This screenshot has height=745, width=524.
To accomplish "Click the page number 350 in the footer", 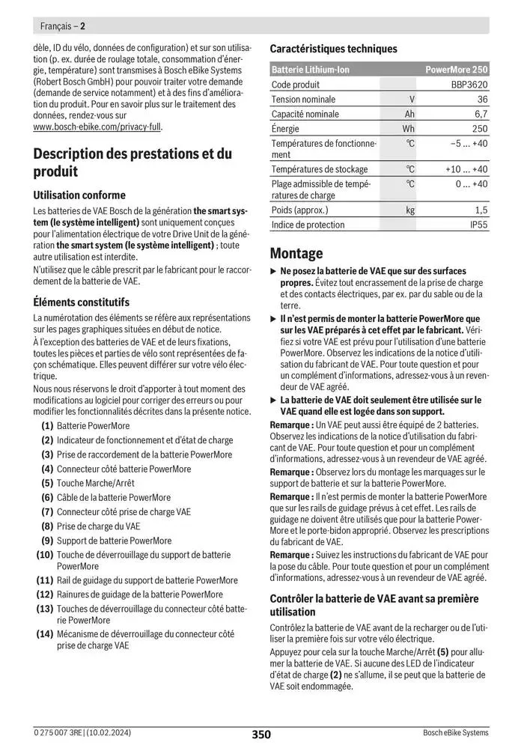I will tap(261, 734).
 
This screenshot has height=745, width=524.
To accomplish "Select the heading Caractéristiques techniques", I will tap(333, 49).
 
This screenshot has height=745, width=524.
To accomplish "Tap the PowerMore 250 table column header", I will tap(456, 70).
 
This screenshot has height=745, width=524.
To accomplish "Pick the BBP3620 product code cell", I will tap(469, 85).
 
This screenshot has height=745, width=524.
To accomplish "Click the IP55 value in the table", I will tap(478, 225).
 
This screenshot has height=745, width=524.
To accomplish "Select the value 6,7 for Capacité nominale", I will tap(481, 114).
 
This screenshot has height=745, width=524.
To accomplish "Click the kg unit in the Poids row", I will tap(410, 210).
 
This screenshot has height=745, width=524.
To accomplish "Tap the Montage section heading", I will tap(296, 253).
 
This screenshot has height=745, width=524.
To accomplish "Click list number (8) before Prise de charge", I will tap(46, 526).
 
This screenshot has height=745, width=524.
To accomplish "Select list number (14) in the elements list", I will tap(44, 633).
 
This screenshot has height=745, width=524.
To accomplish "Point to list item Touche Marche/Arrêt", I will tap(95, 483).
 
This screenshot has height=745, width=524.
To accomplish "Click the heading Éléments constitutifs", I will tap(82, 302).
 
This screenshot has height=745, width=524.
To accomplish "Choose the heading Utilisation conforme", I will tap(79, 195).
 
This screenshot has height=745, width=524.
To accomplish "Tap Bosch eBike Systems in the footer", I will tap(455, 734).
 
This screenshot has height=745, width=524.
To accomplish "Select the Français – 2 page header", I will tap(61, 25).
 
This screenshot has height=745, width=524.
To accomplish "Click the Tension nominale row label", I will tap(303, 100).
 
